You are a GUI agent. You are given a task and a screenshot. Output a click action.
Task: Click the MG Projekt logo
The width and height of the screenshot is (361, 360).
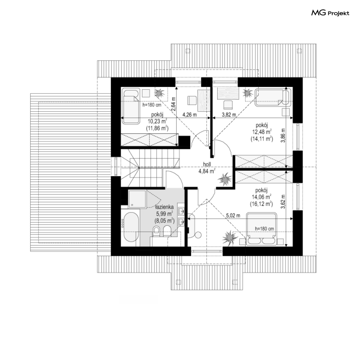(330, 13)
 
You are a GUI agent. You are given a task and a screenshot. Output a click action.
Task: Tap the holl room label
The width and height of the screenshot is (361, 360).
(207, 165)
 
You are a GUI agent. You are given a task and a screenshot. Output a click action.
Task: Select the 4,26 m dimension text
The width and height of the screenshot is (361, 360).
(189, 115)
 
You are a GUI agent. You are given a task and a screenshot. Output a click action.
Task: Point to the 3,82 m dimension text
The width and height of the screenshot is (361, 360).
(229, 115)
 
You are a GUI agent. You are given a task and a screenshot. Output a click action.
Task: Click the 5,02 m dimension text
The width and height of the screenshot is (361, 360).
(233, 216)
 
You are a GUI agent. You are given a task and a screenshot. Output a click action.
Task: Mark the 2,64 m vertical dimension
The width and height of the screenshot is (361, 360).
(173, 104)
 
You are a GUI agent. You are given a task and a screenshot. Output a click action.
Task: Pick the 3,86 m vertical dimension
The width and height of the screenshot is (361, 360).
(283, 135)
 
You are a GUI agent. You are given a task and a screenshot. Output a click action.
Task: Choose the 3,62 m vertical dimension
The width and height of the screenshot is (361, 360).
(283, 202)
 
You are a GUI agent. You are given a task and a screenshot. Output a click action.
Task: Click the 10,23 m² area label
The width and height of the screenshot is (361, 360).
(157, 121)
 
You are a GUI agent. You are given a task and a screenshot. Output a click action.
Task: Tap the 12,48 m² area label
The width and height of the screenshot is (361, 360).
(262, 132)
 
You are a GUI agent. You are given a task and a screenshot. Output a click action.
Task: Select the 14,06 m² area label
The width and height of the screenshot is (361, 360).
(261, 197)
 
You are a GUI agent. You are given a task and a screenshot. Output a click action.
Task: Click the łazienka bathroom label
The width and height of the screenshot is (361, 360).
(164, 207)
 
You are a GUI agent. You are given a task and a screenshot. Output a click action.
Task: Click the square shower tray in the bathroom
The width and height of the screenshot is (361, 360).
(137, 199)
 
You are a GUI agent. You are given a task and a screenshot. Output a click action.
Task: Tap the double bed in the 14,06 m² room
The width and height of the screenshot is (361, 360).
(261, 228)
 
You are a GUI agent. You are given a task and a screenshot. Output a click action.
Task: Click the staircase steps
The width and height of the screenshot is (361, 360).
(150, 168)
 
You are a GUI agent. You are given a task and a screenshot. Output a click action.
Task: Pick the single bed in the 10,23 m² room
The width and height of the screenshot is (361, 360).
(131, 106)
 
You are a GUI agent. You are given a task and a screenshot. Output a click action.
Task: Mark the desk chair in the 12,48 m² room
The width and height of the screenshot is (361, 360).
(228, 105)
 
